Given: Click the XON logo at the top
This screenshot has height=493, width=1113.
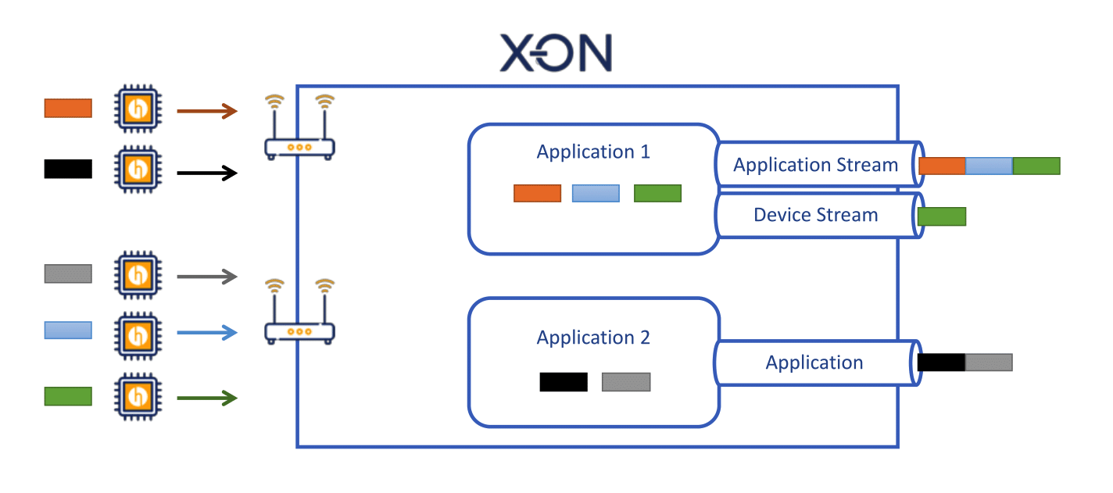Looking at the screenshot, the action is coord(556,52).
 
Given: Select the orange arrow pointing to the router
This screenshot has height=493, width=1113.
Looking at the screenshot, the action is coord(207,111).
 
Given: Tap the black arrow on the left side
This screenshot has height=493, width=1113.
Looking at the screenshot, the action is coord(207,173).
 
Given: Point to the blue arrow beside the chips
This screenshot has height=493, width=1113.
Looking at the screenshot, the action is coord(207,332).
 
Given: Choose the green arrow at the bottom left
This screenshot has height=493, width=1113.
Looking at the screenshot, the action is coord(207,398).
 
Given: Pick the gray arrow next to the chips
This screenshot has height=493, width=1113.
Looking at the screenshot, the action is coord(207,277).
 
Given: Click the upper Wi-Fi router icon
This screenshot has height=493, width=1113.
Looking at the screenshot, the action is coord(299,127).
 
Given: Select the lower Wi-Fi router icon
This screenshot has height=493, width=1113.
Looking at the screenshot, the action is coord(299,312).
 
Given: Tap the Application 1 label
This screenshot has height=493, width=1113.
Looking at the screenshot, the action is coord(593,152).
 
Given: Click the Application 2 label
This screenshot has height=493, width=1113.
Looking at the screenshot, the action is coord(593,338).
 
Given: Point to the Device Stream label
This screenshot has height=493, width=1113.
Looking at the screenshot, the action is coord(816,215).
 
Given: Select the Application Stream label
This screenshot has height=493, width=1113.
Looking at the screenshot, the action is coord(816,165).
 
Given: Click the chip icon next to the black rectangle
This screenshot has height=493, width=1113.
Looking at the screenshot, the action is coord(138,170).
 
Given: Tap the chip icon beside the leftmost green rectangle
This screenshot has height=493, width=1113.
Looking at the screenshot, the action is coord(138,397).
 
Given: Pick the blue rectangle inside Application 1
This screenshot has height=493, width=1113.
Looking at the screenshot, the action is coord(596,193).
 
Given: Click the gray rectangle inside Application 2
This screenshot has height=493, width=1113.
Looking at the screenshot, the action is coord(626,382).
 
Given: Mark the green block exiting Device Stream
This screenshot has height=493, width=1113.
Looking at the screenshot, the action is coord(942,216).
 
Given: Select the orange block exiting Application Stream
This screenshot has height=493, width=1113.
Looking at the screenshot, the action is coord(942,166).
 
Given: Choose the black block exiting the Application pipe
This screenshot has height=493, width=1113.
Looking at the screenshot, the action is coord(941,363).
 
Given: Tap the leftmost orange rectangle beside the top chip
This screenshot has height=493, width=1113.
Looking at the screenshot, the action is coord(68,109).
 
